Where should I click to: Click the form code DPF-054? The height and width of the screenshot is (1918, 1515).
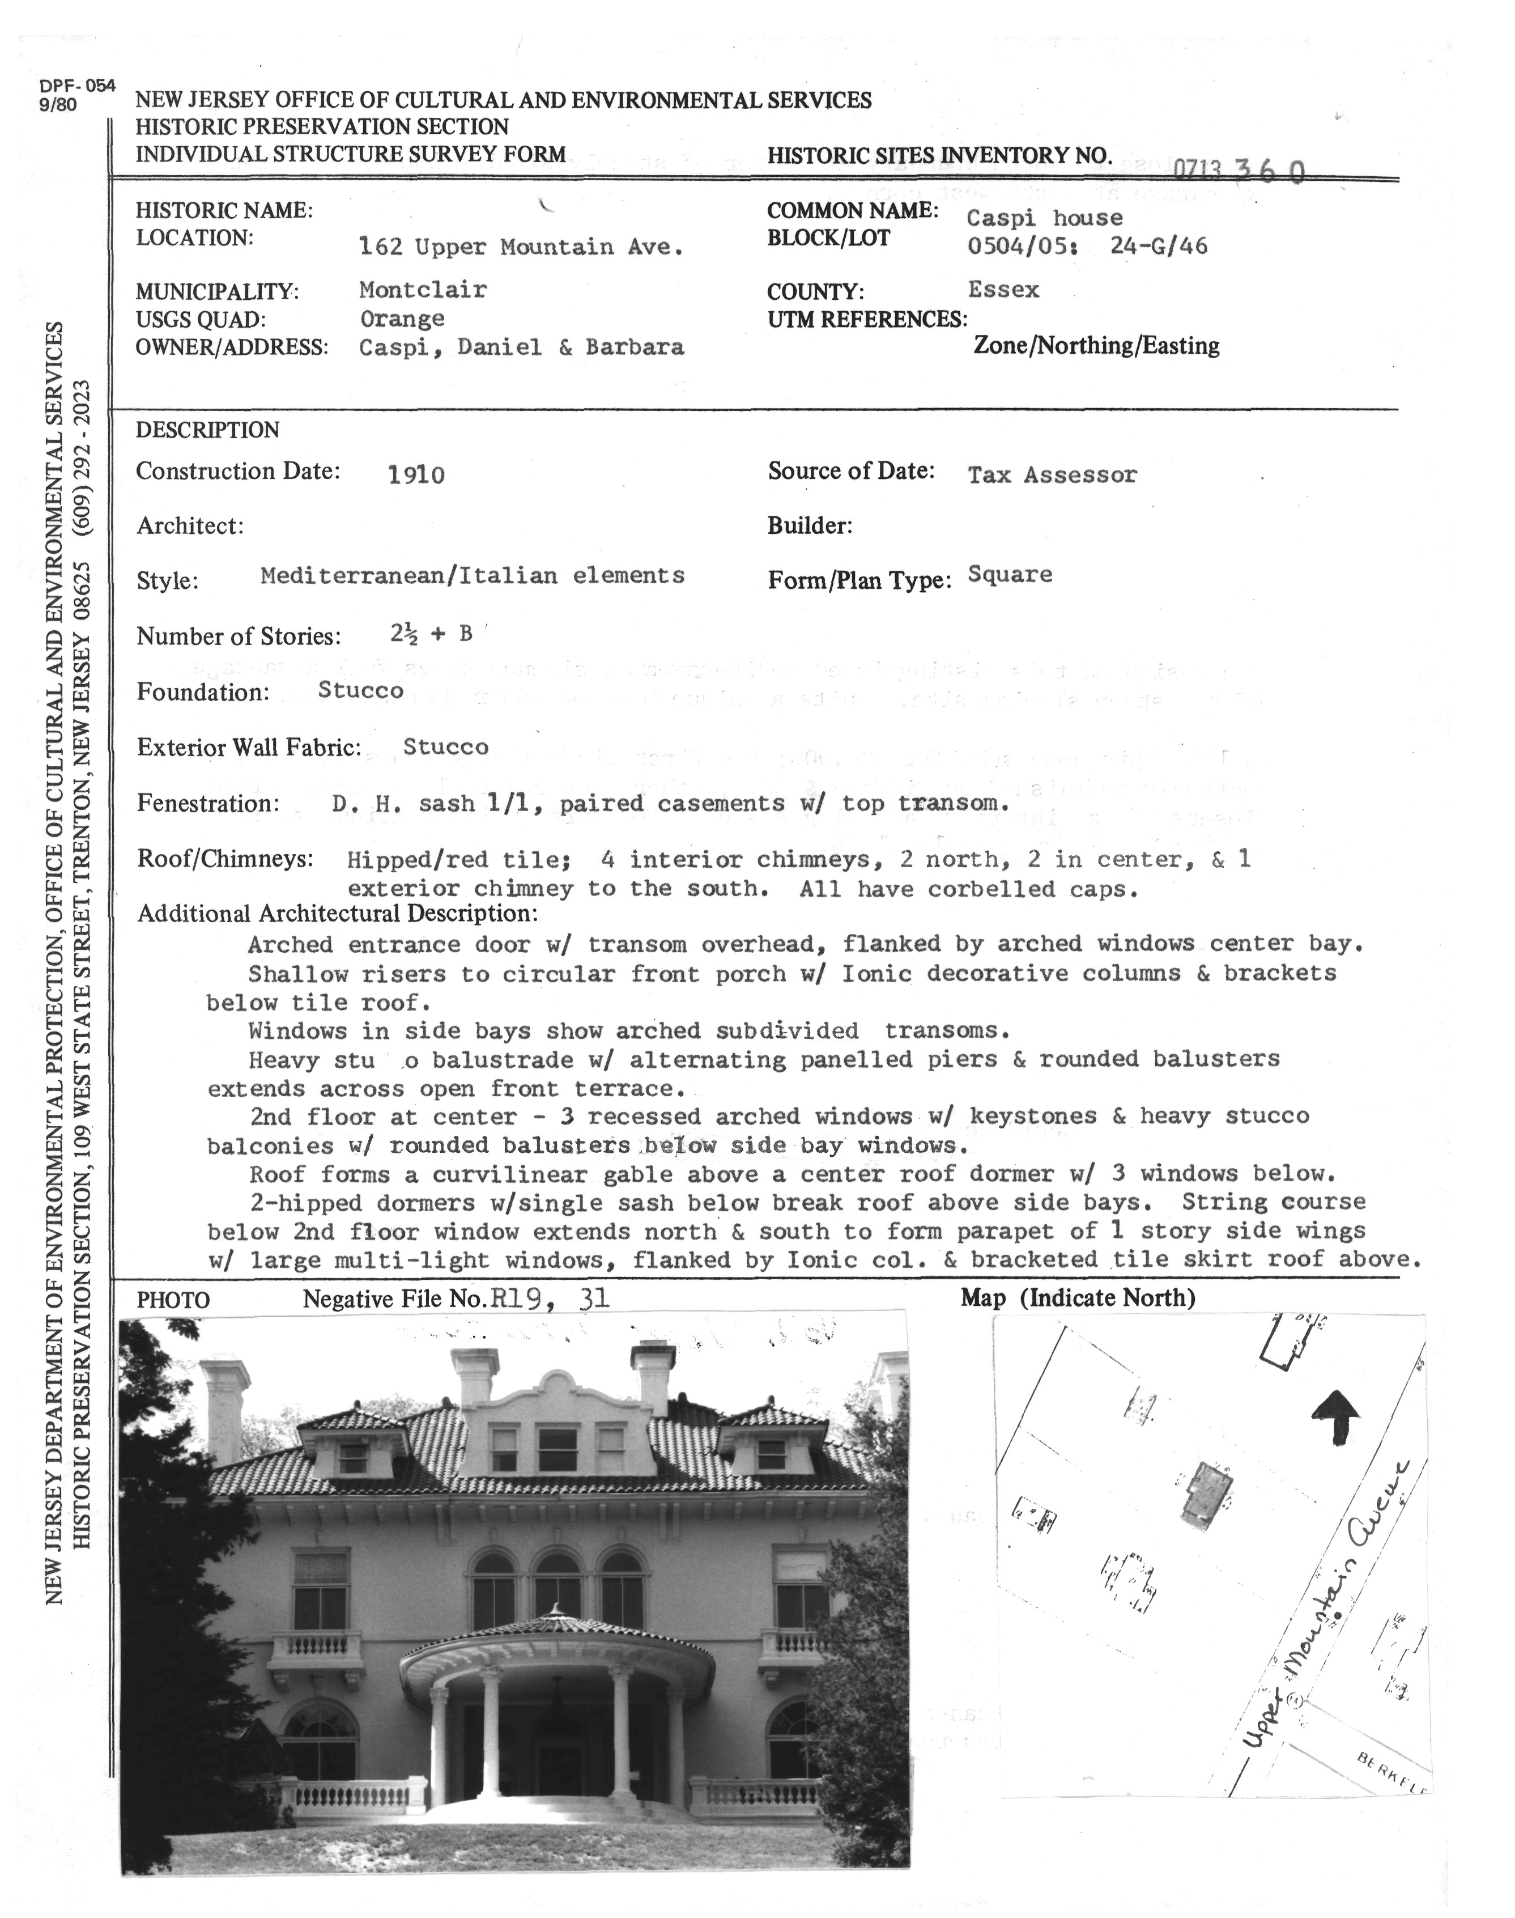pyautogui.click(x=77, y=86)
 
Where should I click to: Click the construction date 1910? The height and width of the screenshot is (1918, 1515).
pyautogui.click(x=416, y=476)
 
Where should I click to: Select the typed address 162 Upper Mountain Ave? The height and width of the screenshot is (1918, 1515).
pyautogui.click(x=521, y=247)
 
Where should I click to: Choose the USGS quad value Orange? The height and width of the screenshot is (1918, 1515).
pyautogui.click(x=402, y=319)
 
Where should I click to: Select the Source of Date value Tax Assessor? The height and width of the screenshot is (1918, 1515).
pyautogui.click(x=1051, y=474)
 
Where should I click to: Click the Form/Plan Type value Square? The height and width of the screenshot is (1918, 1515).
pyautogui.click(x=1010, y=575)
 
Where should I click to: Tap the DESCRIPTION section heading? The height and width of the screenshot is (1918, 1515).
pyautogui.click(x=207, y=430)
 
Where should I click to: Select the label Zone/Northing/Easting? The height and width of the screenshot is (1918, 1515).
pyautogui.click(x=1096, y=346)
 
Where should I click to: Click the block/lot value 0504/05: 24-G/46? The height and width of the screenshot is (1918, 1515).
pyautogui.click(x=1087, y=247)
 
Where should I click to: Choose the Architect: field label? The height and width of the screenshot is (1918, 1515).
pyautogui.click(x=190, y=526)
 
